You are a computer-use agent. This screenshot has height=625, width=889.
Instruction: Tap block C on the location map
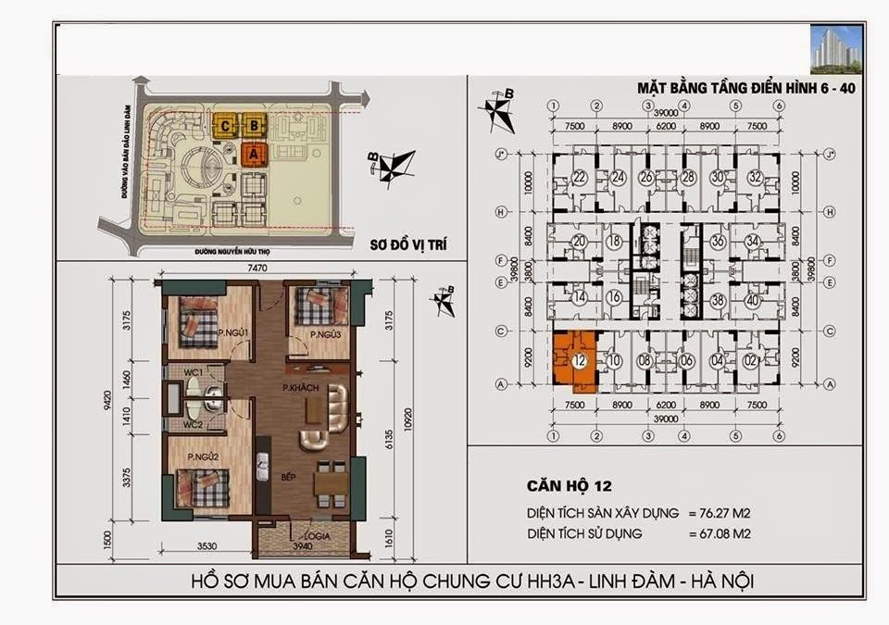pyautogui.click(x=225, y=125)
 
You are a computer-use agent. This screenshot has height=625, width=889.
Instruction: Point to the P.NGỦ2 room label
pyautogui.click(x=202, y=457)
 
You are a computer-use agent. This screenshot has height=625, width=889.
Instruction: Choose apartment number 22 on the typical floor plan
pyautogui.click(x=580, y=178)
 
